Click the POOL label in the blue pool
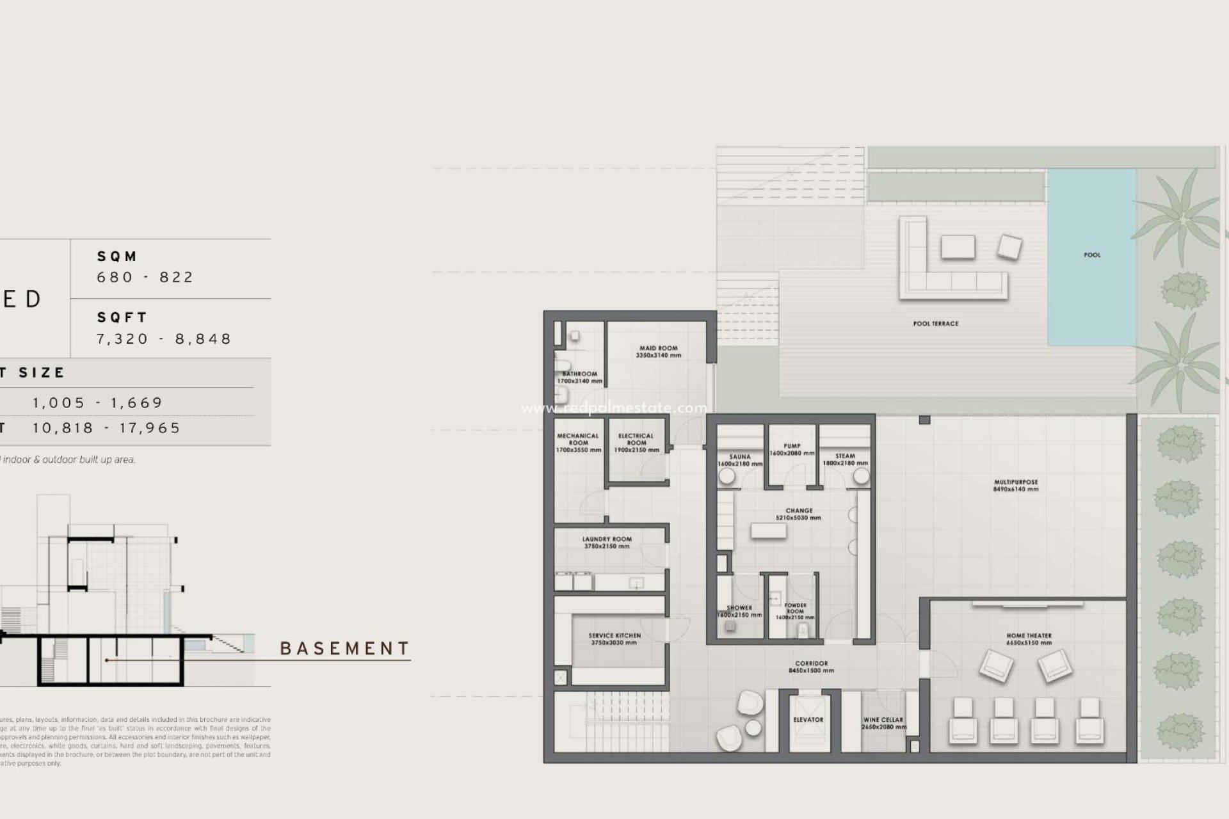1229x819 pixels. [1092, 255]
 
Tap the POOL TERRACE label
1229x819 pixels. [935, 324]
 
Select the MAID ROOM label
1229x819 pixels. [658, 349]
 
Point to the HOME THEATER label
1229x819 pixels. [1029, 636]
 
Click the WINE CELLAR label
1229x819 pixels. [883, 720]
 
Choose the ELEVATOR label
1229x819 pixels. [808, 720]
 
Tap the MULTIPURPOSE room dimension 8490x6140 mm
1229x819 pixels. [1016, 489]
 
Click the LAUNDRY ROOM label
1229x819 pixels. [607, 539]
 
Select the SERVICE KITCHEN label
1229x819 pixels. [614, 636]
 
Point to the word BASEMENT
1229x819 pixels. [345, 649]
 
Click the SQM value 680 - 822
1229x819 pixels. [145, 277]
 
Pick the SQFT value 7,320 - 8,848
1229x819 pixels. [164, 338]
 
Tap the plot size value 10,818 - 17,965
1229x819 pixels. [107, 428]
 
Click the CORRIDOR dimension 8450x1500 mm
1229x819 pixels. [811, 671]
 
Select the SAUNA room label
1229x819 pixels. [740, 457]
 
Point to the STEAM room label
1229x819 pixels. [845, 456]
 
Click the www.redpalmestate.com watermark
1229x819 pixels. [614, 408]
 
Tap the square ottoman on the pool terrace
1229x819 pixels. [1009, 247]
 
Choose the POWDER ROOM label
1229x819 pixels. [795, 608]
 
